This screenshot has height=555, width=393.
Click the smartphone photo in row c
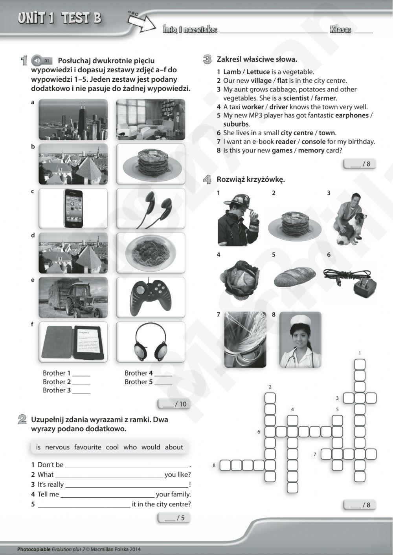(x=73, y=209)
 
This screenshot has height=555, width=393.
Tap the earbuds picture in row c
(x=151, y=209)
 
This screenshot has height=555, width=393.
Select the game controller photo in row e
(x=151, y=298)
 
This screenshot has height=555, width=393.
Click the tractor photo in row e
(x=73, y=298)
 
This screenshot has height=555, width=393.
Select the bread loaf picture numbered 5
(x=294, y=277)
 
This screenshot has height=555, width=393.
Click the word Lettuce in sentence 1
(x=258, y=72)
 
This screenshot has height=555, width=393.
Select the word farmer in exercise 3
(x=325, y=98)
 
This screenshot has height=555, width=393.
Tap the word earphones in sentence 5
(x=352, y=115)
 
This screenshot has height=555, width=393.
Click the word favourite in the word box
(x=87, y=447)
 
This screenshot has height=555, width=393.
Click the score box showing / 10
(x=173, y=404)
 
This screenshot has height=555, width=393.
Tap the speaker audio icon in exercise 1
(x=36, y=60)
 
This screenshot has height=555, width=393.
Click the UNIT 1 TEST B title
(x=59, y=18)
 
